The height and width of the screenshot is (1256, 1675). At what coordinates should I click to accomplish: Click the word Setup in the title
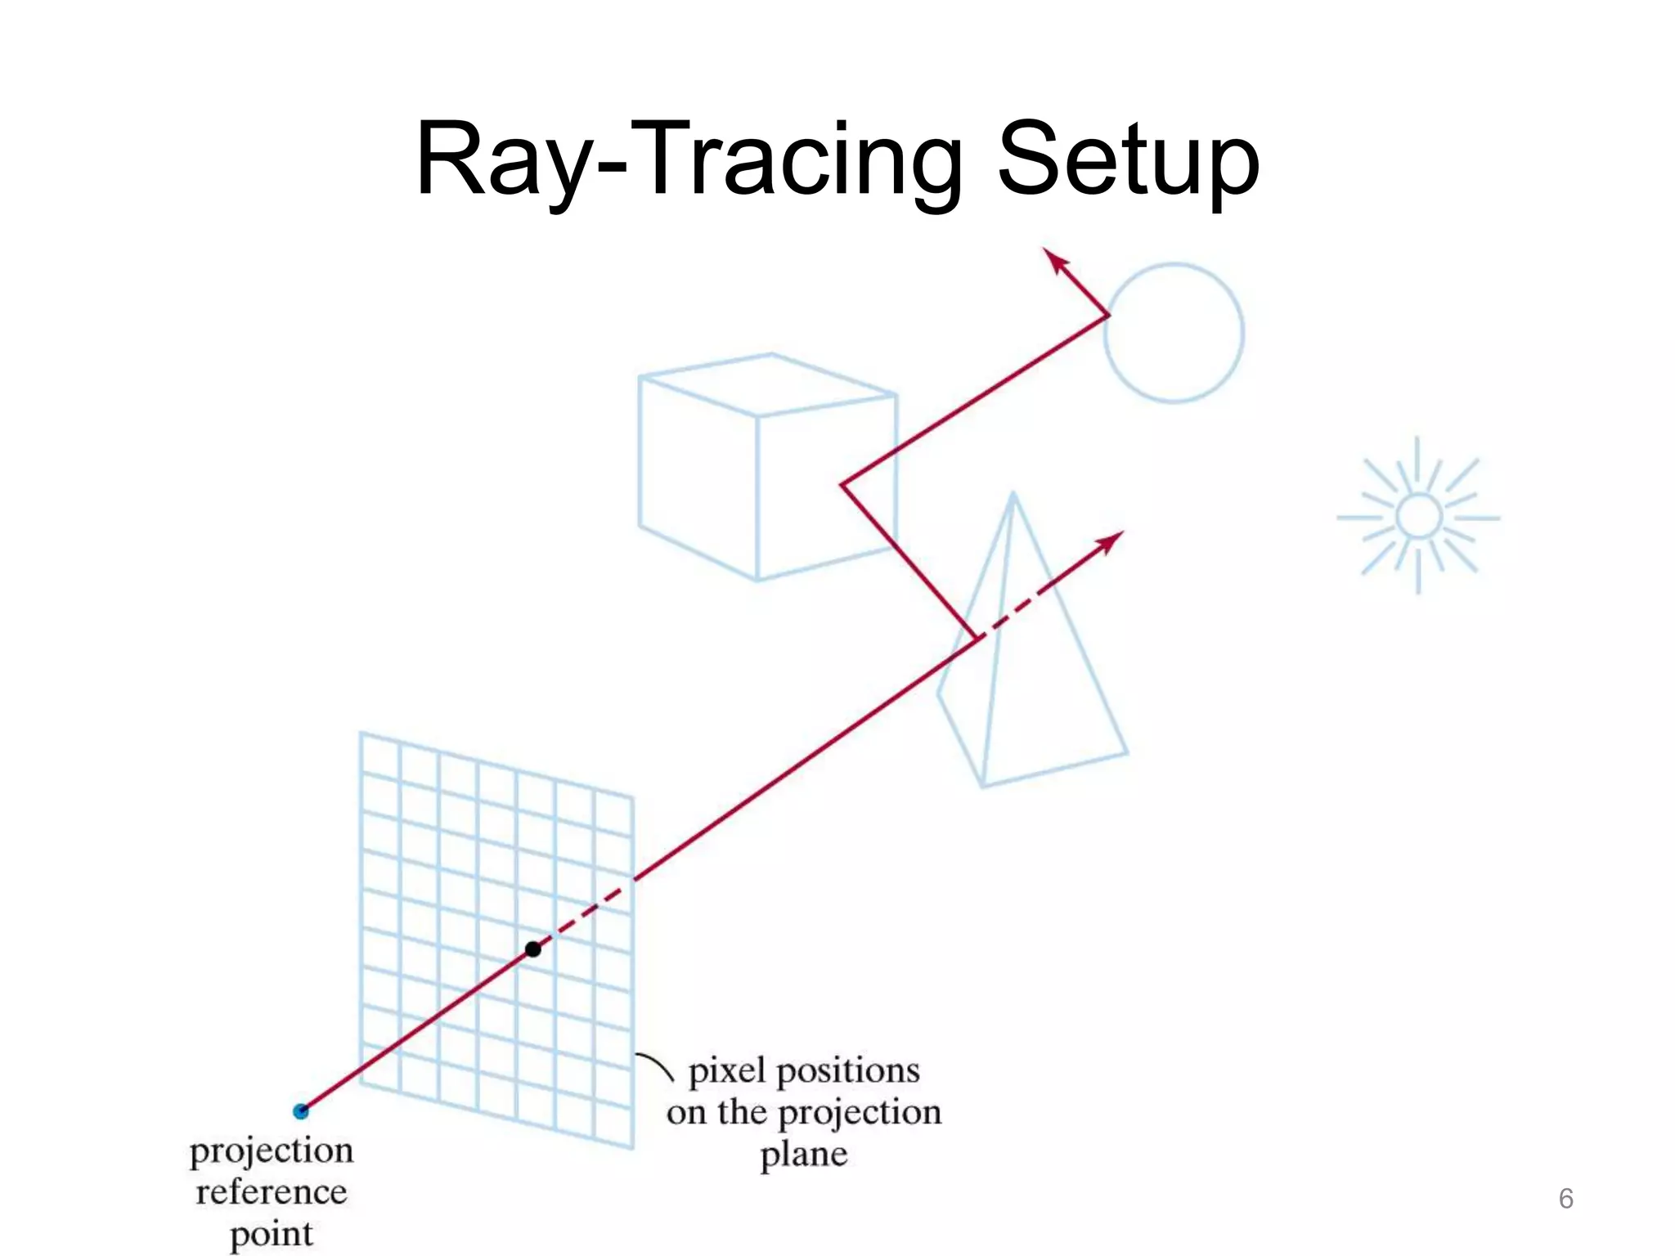coord(1129,159)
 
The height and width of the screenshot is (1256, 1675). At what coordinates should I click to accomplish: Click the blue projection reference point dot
coord(301,1110)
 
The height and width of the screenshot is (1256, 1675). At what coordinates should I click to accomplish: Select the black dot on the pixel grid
coord(533,949)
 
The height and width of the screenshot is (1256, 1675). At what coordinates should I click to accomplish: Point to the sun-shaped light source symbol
coord(1418,517)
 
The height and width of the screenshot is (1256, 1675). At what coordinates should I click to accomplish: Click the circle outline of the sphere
coord(1242,333)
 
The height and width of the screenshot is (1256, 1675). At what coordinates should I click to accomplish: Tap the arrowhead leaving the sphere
coord(1056,260)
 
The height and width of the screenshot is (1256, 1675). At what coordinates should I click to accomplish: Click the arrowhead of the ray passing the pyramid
coord(1111,541)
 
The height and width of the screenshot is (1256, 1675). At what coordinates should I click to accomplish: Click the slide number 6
coord(1565,1199)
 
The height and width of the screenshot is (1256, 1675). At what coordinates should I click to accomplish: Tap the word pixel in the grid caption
coord(727,1071)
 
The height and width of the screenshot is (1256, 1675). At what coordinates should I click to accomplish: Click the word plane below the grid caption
coord(804,1155)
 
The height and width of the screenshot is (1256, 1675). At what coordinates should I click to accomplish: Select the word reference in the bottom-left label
coord(272,1192)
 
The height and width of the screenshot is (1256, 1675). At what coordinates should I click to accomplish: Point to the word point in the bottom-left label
coord(272,1234)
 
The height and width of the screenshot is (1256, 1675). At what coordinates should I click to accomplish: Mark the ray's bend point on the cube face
coord(842,485)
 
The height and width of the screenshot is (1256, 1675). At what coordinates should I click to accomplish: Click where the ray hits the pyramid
coord(977,638)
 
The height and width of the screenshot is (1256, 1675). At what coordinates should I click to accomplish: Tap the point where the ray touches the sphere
coord(1108,315)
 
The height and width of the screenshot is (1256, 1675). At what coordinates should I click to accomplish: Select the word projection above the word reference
coord(272,1151)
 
